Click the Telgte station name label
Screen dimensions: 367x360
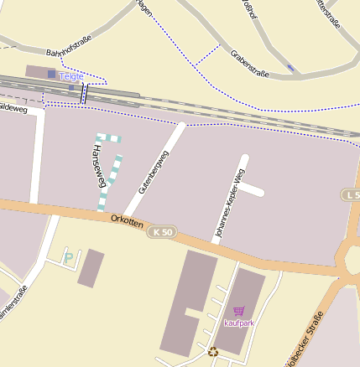[71, 76]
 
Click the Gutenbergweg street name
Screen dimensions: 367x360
[154, 172]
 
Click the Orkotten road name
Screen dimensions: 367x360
[126, 223]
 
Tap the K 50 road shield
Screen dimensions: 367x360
[162, 231]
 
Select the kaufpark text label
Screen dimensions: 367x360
[239, 323]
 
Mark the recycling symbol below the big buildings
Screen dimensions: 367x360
[213, 352]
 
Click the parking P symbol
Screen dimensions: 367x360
[68, 257]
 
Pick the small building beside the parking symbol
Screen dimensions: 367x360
[91, 268]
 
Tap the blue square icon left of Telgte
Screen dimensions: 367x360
[52, 75]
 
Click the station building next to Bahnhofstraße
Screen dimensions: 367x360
[39, 73]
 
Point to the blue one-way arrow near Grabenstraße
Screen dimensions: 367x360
[290, 67]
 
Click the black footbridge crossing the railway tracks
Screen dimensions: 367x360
[83, 93]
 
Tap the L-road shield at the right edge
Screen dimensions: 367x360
[352, 194]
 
